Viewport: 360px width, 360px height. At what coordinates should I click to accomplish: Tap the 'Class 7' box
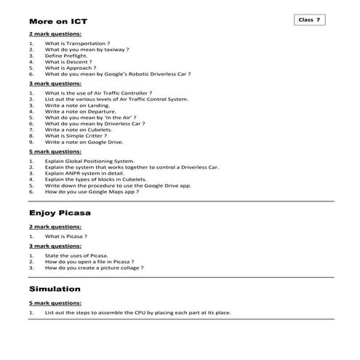click(x=311, y=20)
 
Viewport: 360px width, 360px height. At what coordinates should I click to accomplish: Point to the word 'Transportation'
click(x=85, y=43)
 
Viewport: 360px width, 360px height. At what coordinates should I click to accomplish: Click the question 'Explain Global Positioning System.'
click(x=89, y=161)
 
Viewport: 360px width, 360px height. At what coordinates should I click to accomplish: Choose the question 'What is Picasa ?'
click(x=66, y=236)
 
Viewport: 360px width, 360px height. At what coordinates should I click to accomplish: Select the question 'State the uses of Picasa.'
click(x=76, y=255)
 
